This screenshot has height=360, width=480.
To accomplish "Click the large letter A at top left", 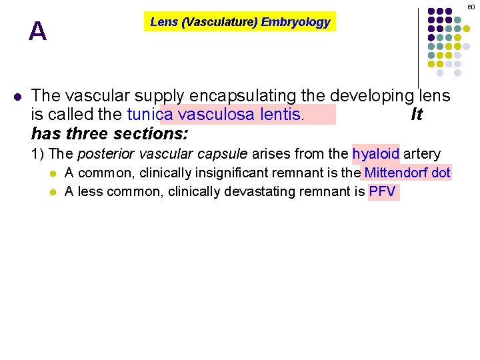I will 38,31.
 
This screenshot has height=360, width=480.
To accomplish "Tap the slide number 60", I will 471,6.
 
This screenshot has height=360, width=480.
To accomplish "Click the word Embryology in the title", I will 295,22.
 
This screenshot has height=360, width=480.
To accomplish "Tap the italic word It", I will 417,115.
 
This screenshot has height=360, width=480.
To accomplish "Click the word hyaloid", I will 376,154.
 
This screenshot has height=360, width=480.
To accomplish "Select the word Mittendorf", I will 393,173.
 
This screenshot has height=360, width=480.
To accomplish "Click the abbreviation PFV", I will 383,193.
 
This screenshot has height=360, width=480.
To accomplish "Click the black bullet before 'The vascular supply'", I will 17,95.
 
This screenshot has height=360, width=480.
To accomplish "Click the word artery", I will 422,154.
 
